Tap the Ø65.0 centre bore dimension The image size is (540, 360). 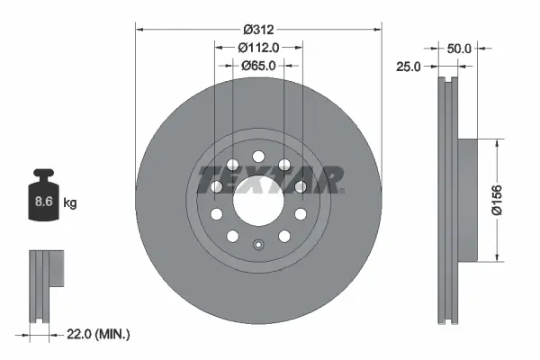(x=258, y=65)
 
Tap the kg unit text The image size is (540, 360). (x=70, y=203)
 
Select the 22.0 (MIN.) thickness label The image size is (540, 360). (x=99, y=335)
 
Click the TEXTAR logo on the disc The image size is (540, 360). (x=270, y=178)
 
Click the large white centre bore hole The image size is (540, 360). (x=257, y=200)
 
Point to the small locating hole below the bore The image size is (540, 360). (x=257, y=245)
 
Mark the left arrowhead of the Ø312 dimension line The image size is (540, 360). (x=139, y=30)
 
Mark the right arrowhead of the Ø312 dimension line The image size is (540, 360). (x=378, y=30)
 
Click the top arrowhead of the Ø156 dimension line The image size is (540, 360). (x=498, y=142)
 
